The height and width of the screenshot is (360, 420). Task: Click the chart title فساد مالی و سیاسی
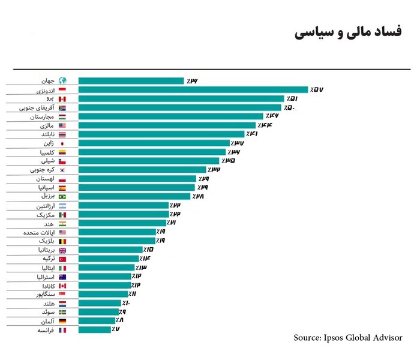click(x=349, y=34)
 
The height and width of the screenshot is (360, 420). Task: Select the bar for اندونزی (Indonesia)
click(x=193, y=89)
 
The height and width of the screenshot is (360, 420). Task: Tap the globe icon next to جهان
click(x=63, y=81)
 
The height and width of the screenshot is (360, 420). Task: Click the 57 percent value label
click(x=317, y=89)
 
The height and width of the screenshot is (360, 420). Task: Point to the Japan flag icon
click(x=63, y=143)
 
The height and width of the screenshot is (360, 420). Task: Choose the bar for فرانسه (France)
click(x=94, y=329)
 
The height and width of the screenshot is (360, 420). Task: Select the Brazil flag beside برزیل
click(x=63, y=196)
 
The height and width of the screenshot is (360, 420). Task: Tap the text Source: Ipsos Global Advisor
click(x=348, y=338)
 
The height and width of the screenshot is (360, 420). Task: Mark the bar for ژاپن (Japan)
click(x=154, y=143)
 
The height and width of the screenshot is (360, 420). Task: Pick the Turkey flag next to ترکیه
click(x=63, y=259)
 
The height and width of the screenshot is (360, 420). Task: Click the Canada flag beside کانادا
click(x=63, y=285)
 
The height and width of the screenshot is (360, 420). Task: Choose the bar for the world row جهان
click(x=131, y=81)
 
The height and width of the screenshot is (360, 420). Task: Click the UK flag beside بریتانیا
click(x=63, y=250)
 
